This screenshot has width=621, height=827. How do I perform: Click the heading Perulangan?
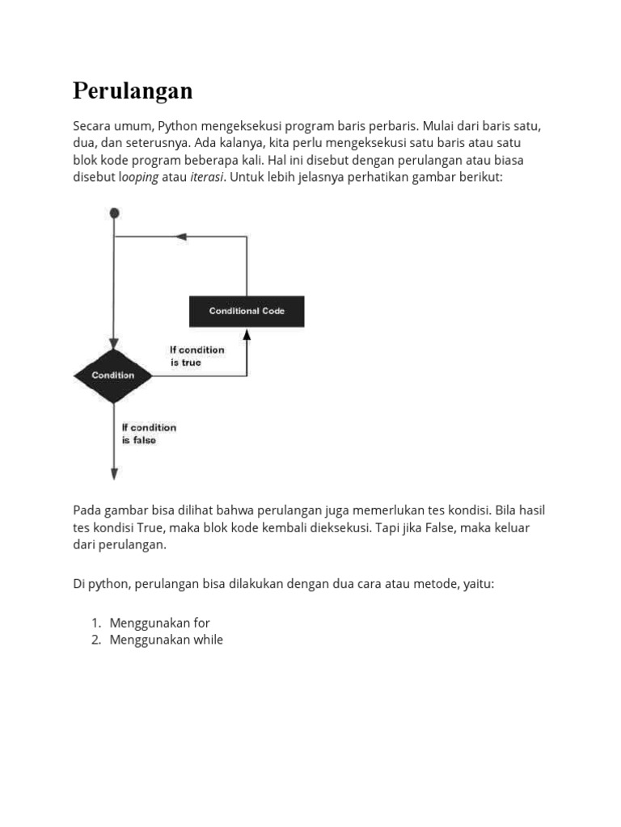tap(133, 91)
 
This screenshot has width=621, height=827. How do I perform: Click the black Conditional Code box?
tap(247, 311)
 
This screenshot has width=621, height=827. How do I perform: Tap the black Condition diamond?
tap(113, 376)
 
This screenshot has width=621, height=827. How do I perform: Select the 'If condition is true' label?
tap(196, 356)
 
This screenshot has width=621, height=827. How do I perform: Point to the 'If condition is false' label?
tap(149, 434)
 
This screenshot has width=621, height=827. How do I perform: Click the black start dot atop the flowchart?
tap(115, 213)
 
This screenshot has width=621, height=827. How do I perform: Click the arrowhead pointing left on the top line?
tap(181, 237)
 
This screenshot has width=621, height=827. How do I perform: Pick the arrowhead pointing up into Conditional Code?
tap(247, 333)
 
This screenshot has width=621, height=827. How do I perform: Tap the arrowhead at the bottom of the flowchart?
tap(114, 474)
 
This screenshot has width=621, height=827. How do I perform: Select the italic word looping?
tap(139, 177)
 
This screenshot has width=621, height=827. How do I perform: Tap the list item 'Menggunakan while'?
tap(166, 640)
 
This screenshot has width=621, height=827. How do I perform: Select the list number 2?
tap(95, 640)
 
